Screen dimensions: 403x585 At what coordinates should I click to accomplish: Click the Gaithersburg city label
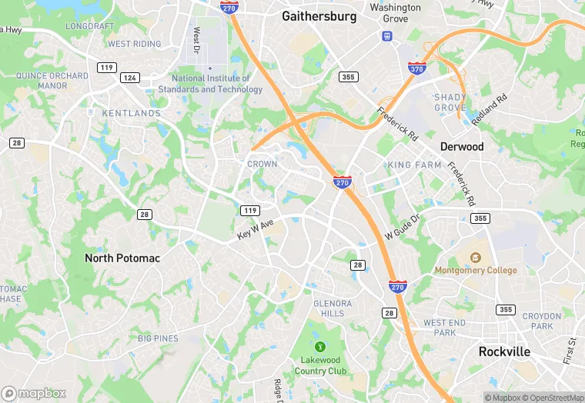(319, 15)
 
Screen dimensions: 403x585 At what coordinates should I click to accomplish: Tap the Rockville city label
(504, 351)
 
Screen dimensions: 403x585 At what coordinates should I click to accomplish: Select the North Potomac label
(122, 258)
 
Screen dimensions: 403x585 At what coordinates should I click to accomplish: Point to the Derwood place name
(462, 146)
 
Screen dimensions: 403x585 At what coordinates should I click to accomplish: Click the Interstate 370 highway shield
(416, 68)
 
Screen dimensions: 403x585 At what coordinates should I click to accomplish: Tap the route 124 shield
(130, 78)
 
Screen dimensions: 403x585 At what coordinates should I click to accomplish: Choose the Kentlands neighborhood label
(132, 113)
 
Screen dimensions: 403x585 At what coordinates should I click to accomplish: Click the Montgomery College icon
(476, 256)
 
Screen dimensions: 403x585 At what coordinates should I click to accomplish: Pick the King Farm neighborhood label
(414, 165)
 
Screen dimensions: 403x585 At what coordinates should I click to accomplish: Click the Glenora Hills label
(333, 308)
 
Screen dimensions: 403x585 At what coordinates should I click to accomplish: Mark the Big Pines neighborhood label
(158, 338)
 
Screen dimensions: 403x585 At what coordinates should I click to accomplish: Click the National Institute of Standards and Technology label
(210, 84)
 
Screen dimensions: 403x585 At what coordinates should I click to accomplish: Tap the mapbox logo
(34, 393)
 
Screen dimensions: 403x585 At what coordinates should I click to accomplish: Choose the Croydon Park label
(542, 321)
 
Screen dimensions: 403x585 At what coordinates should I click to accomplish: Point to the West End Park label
(444, 328)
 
